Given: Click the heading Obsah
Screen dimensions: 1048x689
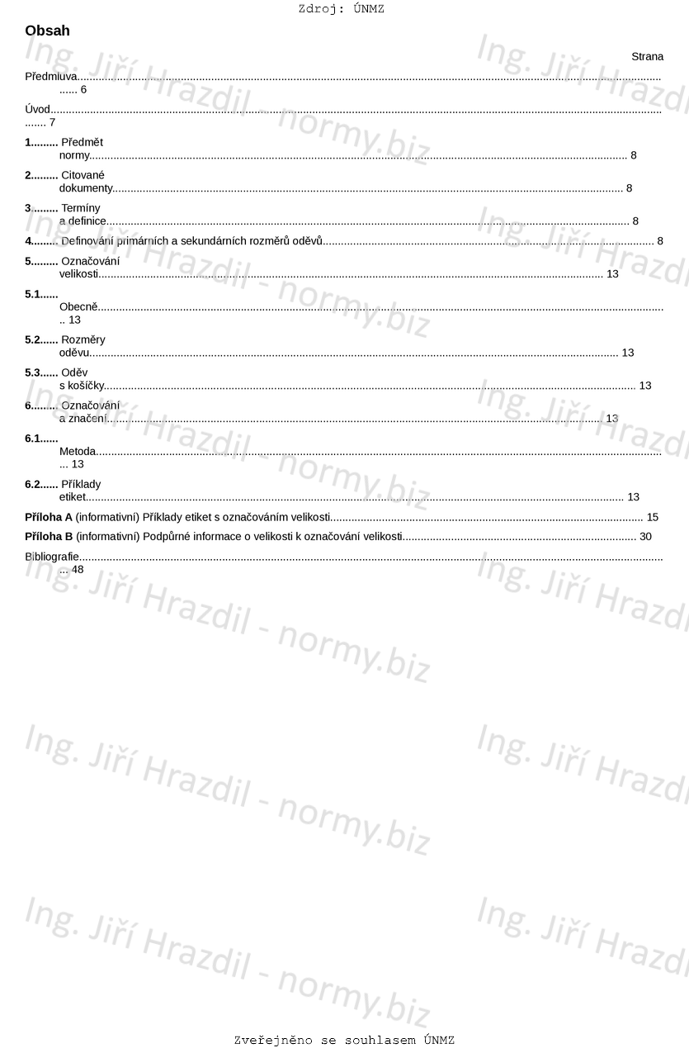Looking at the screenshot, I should point(47,31).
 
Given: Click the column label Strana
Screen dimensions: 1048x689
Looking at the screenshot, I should point(647,57).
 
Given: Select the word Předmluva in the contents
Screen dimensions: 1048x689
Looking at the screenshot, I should point(51,77).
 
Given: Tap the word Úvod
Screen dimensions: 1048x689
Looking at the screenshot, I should point(38,109).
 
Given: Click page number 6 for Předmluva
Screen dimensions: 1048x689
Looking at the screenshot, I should point(83,89).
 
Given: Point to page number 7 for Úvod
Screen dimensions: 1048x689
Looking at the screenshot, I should point(52,122).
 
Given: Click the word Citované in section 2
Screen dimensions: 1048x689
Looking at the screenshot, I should point(83,175).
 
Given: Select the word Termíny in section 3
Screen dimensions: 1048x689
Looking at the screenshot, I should point(81,208).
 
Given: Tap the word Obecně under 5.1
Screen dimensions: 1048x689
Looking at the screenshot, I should point(78,307).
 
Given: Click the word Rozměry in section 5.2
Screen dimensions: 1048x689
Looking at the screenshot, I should point(83,339).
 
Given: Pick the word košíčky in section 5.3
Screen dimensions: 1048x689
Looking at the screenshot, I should point(86,386).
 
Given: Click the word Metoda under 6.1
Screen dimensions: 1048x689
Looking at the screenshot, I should point(78,451).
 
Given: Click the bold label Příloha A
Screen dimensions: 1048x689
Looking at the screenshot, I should point(49,517).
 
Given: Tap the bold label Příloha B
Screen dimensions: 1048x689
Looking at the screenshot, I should point(49,537).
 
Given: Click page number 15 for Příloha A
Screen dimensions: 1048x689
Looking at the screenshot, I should point(652,517).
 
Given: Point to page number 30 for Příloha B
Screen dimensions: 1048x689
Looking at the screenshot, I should point(645,537).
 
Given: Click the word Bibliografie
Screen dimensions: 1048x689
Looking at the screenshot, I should point(52,557).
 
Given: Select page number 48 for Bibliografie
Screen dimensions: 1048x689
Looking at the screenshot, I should point(78,569).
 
